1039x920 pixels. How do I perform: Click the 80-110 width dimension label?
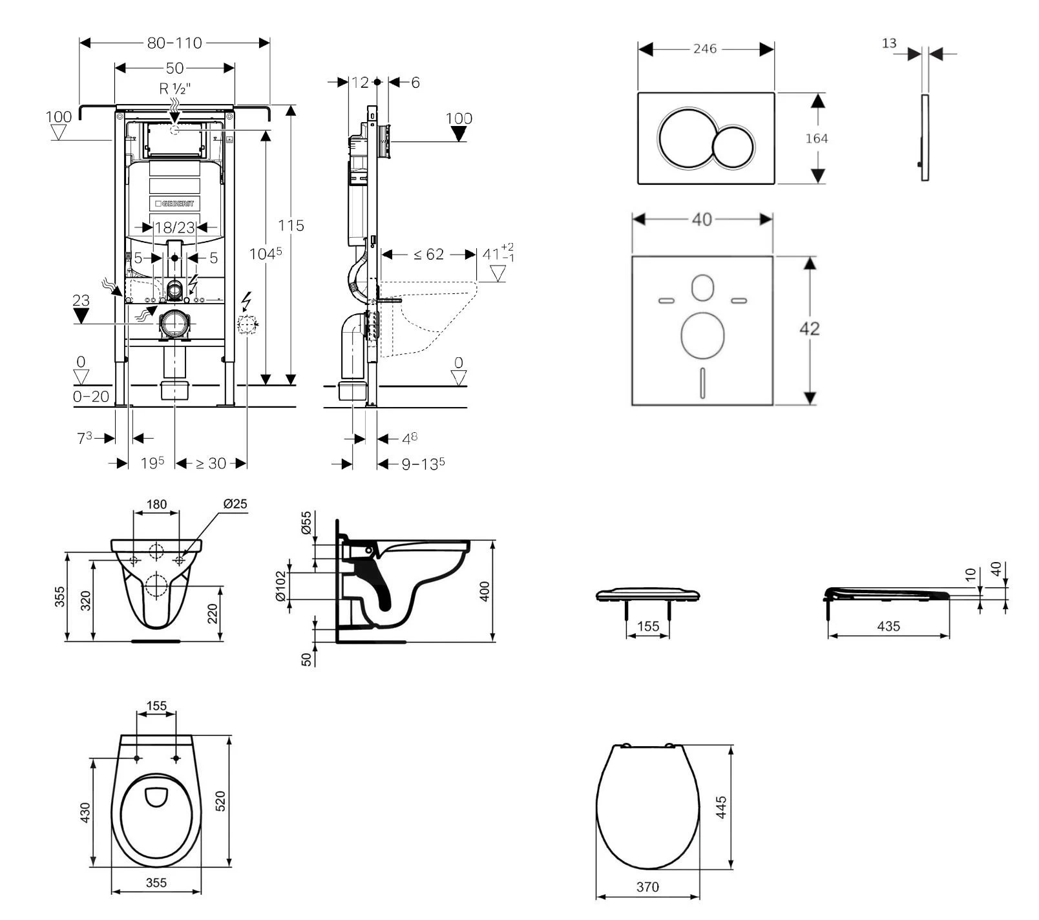pyautogui.click(x=174, y=43)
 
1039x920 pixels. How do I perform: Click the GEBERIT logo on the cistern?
pyautogui.click(x=174, y=204)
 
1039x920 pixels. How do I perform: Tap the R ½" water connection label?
pyautogui.click(x=174, y=89)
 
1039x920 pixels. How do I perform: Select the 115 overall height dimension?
pyautogui.click(x=291, y=225)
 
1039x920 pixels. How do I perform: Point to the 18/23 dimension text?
pyautogui.click(x=174, y=227)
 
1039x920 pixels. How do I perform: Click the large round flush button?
pyautogui.click(x=685, y=138)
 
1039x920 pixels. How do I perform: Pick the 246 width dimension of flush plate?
pyautogui.click(x=705, y=49)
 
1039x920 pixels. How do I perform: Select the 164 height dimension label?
pyautogui.click(x=817, y=138)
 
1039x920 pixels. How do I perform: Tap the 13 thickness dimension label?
pyautogui.click(x=889, y=43)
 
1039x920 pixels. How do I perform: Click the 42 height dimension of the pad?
pyautogui.click(x=810, y=329)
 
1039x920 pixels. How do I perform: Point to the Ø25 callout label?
pyautogui.click(x=235, y=504)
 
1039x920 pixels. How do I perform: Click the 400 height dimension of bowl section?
pyautogui.click(x=485, y=591)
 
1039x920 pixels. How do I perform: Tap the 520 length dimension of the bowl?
pyautogui.click(x=220, y=801)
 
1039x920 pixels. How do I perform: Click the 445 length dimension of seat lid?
pyautogui.click(x=722, y=808)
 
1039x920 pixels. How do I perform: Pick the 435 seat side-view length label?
pyautogui.click(x=888, y=626)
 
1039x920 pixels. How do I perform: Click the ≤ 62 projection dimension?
pyautogui.click(x=428, y=255)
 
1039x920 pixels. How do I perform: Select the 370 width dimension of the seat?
pyautogui.click(x=647, y=887)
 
